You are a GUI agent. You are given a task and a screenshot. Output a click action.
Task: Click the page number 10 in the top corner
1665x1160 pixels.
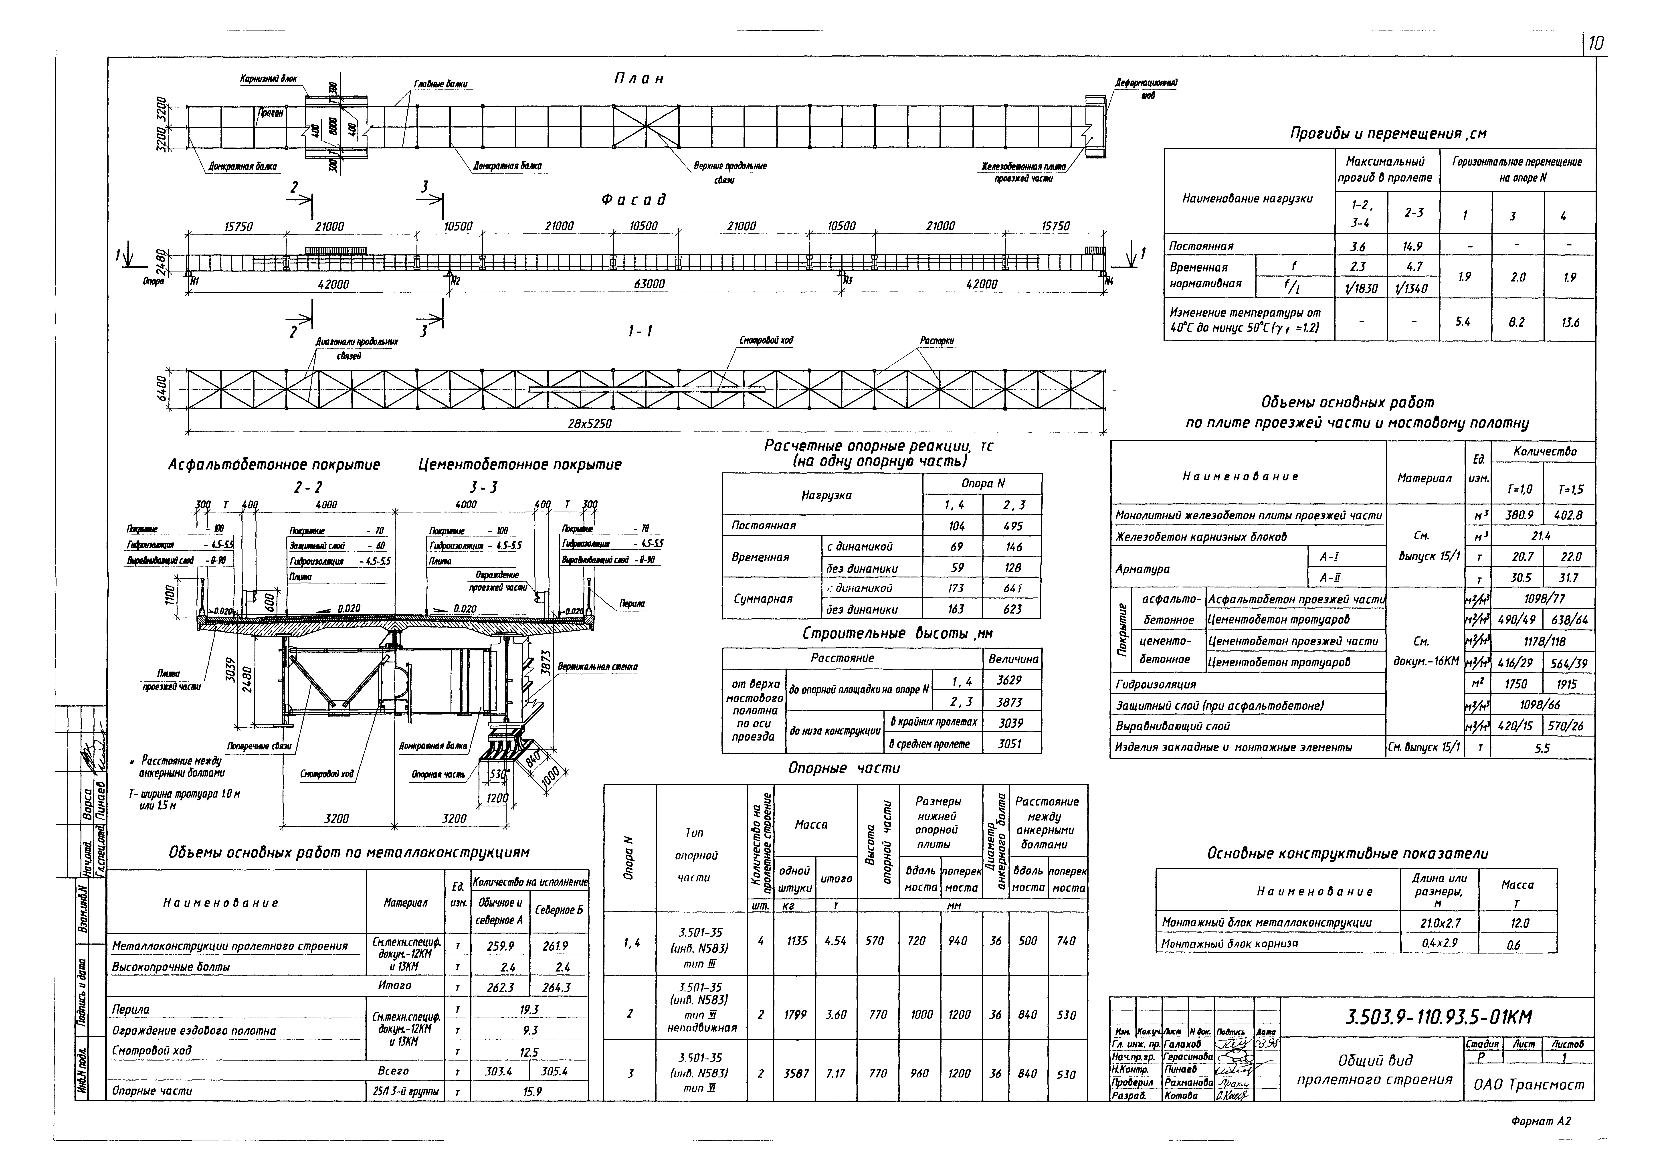[x=1596, y=45]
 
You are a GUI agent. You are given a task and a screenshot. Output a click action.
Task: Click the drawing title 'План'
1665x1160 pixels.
[x=638, y=78]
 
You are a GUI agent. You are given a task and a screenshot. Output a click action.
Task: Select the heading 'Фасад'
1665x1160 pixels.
[x=633, y=199]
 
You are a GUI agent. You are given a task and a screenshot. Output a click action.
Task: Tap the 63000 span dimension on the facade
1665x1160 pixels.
[x=648, y=284]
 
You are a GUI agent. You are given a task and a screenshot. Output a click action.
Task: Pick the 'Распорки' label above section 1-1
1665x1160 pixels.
[x=937, y=340]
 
